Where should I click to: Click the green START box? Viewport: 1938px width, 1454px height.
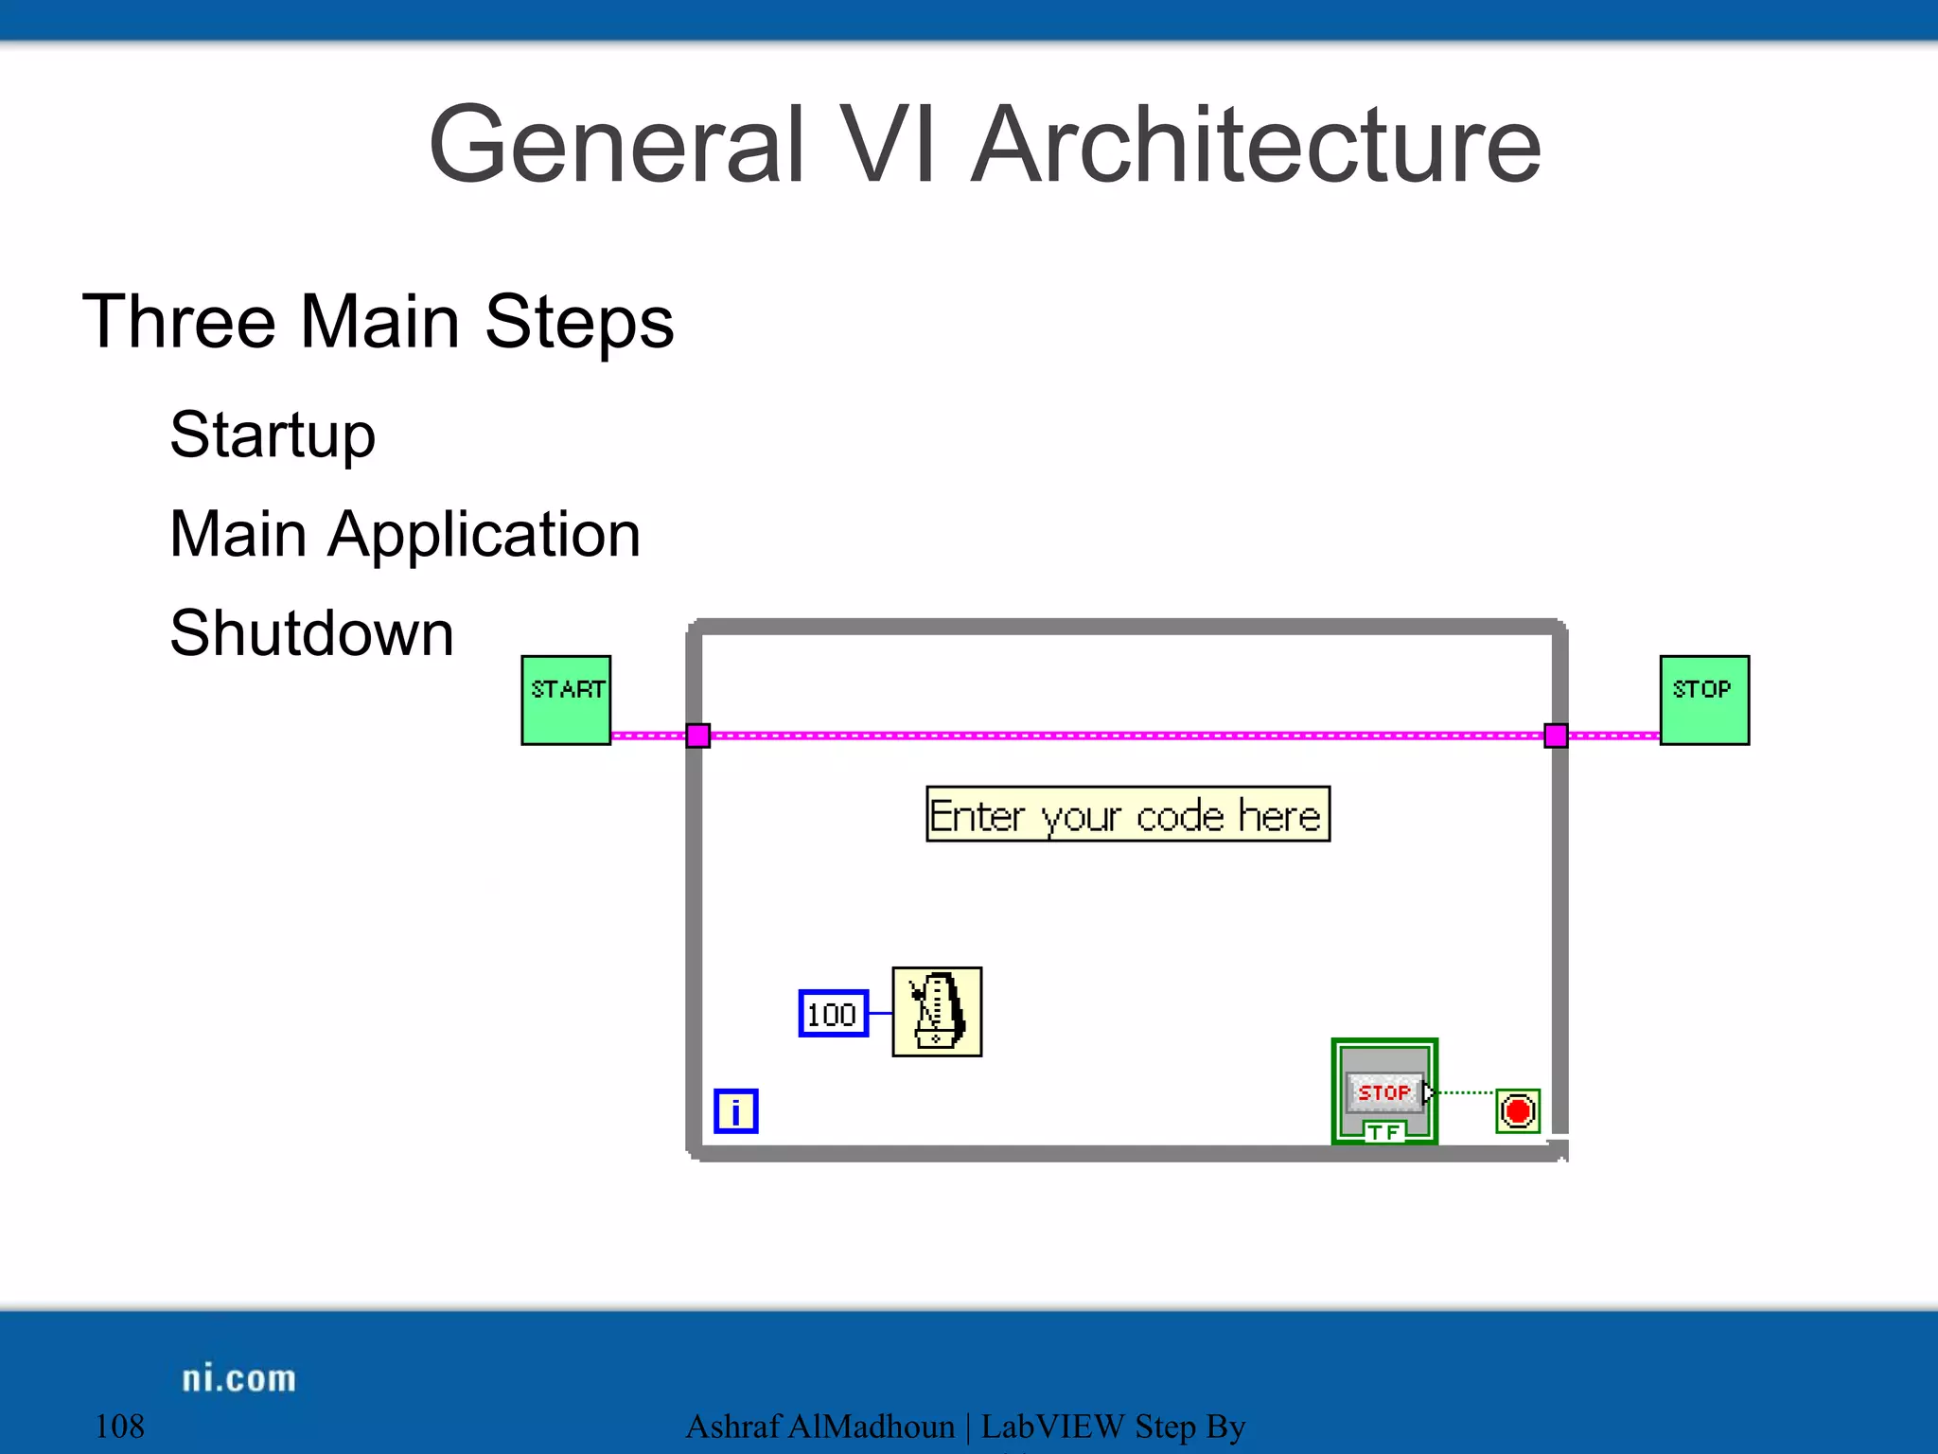566,700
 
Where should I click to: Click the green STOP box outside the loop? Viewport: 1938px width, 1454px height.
1704,700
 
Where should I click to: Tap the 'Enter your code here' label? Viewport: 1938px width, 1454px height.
1127,814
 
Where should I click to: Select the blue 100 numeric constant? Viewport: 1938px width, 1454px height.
833,1014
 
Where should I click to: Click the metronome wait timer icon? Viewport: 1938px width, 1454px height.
937,1012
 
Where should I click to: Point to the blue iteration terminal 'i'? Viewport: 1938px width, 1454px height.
735,1111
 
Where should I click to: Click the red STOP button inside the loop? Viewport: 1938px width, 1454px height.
1383,1092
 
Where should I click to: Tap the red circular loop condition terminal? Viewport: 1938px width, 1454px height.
1518,1111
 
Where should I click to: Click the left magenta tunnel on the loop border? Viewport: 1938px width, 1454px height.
698,736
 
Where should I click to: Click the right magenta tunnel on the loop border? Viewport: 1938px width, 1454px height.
1556,736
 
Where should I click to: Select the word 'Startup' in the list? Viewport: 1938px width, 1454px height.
273,435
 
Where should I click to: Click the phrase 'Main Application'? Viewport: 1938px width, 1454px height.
405,535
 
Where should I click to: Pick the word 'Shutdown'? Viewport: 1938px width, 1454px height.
312,633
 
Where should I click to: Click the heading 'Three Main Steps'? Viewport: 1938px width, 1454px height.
378,323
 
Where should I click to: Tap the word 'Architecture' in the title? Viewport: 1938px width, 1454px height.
1257,145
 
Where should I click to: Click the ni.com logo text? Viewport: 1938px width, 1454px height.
238,1378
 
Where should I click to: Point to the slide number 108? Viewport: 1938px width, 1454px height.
120,1427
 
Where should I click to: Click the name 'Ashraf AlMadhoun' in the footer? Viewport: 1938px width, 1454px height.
819,1427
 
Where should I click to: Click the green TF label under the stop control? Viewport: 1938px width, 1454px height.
1383,1132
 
